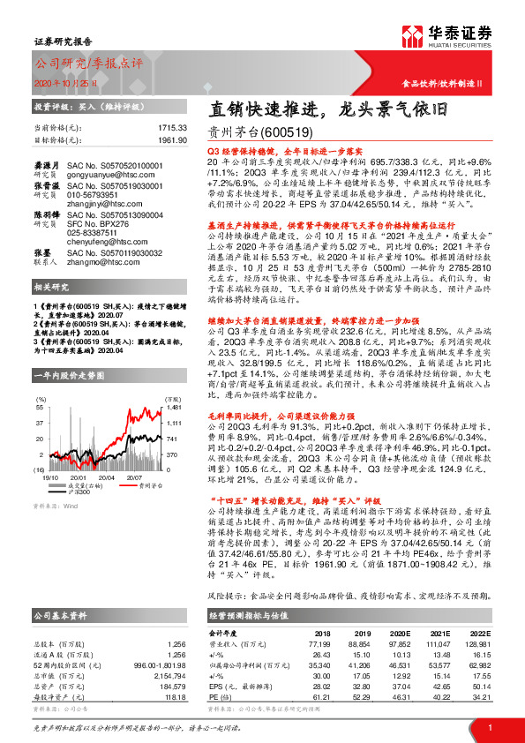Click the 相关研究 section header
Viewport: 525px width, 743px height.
point(52,288)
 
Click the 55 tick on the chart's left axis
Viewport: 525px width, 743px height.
point(39,409)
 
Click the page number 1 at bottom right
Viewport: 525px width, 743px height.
point(489,726)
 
